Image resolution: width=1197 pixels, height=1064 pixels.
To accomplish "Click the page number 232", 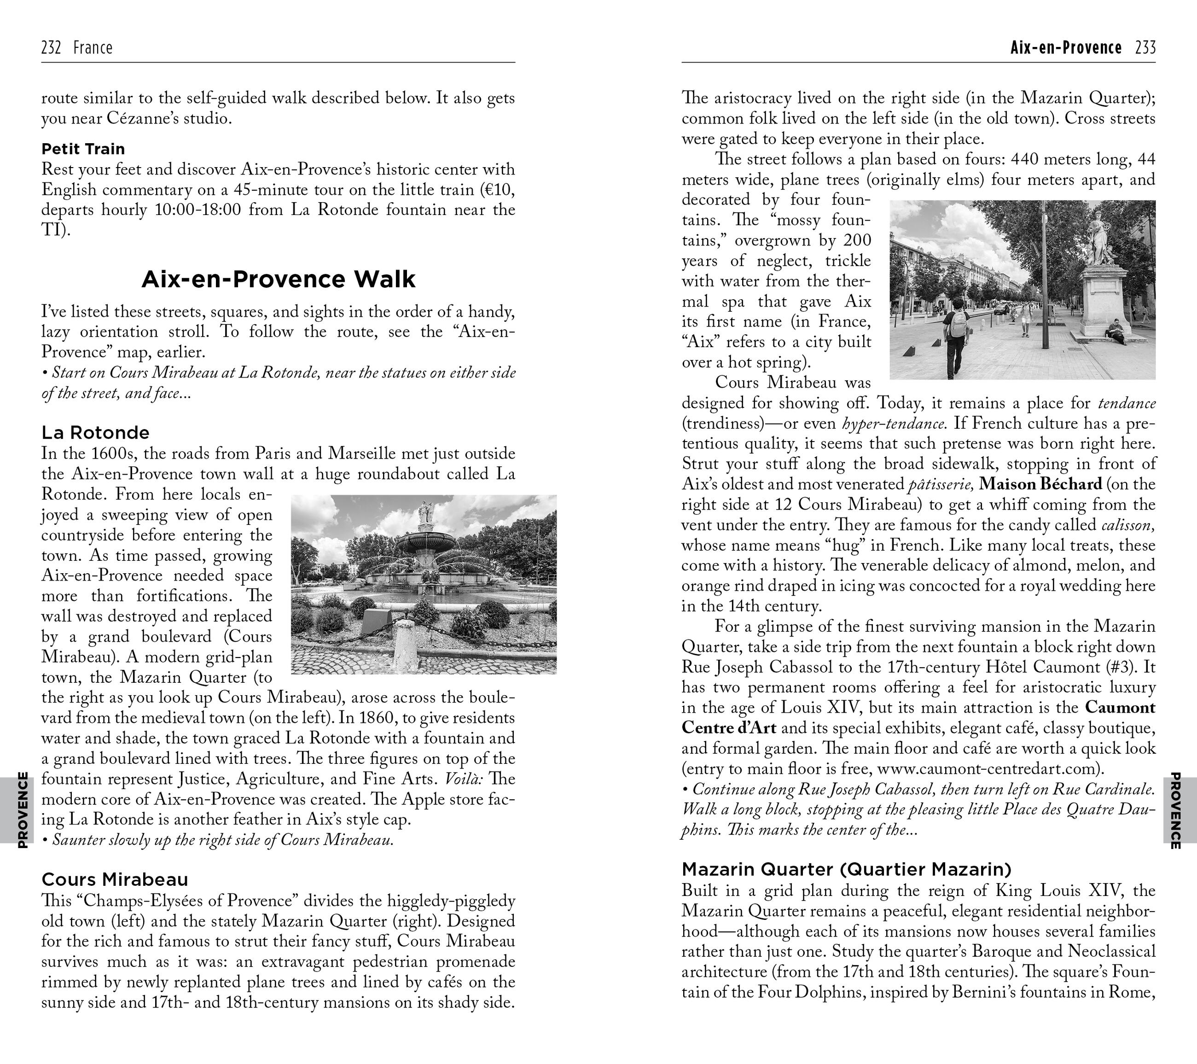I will pyautogui.click(x=52, y=47).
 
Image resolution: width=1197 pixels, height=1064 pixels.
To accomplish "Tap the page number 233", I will pyautogui.click(x=1145, y=47).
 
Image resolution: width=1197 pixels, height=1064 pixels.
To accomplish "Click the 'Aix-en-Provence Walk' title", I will pyautogui.click(x=278, y=279).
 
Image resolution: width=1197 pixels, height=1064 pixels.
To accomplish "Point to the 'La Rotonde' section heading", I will pyautogui.click(x=95, y=433).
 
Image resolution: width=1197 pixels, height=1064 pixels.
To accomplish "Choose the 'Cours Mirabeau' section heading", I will pyautogui.click(x=115, y=879).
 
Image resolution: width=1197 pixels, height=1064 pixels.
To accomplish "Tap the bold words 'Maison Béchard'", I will pyautogui.click(x=1040, y=484).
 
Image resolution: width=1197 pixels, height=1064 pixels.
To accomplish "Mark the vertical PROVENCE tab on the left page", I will pyautogui.click(x=22, y=809).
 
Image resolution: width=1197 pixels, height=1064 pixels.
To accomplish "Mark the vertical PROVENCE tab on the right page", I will pyautogui.click(x=1175, y=809).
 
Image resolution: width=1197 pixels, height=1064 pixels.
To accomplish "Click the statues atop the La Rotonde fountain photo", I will pyautogui.click(x=424, y=513).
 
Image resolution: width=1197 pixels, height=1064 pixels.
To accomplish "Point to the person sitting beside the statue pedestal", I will pyautogui.click(x=1116, y=331).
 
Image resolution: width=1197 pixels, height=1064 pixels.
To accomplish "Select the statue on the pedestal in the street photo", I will pyautogui.click(x=1098, y=237).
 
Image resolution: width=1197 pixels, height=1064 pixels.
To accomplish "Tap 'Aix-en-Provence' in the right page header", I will pyautogui.click(x=1066, y=47).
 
